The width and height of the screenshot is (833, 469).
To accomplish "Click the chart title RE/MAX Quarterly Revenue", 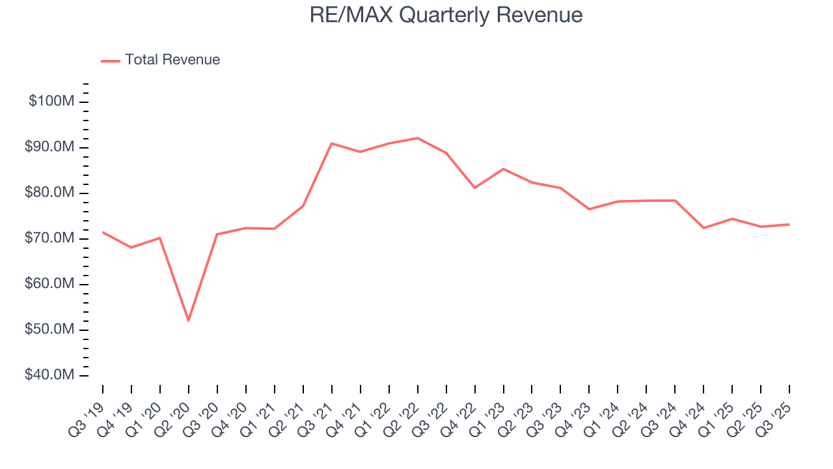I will (x=446, y=15).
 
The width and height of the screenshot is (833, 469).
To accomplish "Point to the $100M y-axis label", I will (x=51, y=102).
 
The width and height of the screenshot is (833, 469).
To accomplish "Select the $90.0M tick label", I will (x=50, y=147).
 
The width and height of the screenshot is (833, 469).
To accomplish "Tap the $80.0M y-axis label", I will (x=50, y=193).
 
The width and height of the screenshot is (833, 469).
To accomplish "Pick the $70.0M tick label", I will (x=50, y=238).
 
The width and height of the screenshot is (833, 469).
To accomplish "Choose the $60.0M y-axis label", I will (x=50, y=284).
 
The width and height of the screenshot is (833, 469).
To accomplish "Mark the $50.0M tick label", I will (x=50, y=330).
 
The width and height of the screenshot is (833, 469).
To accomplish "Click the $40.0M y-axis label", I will (x=50, y=375).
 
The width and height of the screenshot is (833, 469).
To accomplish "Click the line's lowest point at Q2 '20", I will (x=189, y=320).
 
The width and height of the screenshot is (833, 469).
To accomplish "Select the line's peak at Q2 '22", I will (x=417, y=138).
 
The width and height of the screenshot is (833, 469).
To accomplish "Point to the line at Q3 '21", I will (x=331, y=143).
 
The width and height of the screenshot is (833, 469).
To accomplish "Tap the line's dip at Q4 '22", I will (x=474, y=188).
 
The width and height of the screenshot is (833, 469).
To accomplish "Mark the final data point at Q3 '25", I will (x=789, y=224).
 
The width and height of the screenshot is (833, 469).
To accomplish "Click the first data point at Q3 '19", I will (x=103, y=232).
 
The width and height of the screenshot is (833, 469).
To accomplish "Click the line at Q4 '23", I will (x=589, y=209).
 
